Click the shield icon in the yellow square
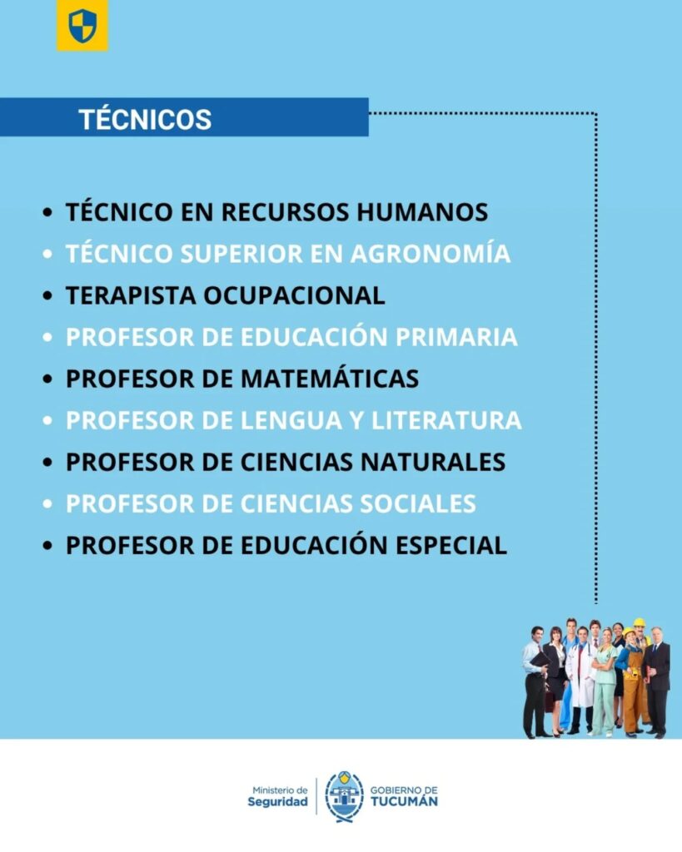click(82, 26)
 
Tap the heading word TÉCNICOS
click(145, 119)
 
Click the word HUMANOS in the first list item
click(422, 212)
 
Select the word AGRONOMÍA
click(431, 253)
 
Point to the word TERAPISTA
click(131, 295)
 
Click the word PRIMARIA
click(456, 337)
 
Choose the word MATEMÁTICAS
click(330, 379)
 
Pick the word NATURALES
click(433, 462)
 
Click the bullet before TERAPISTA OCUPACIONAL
click(47, 296)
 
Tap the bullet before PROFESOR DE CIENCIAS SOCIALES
click(47, 504)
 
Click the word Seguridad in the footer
click(277, 802)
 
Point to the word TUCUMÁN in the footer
click(404, 801)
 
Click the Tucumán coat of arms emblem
click(344, 796)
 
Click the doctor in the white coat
click(580, 679)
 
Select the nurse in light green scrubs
click(605, 682)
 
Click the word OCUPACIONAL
click(294, 295)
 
